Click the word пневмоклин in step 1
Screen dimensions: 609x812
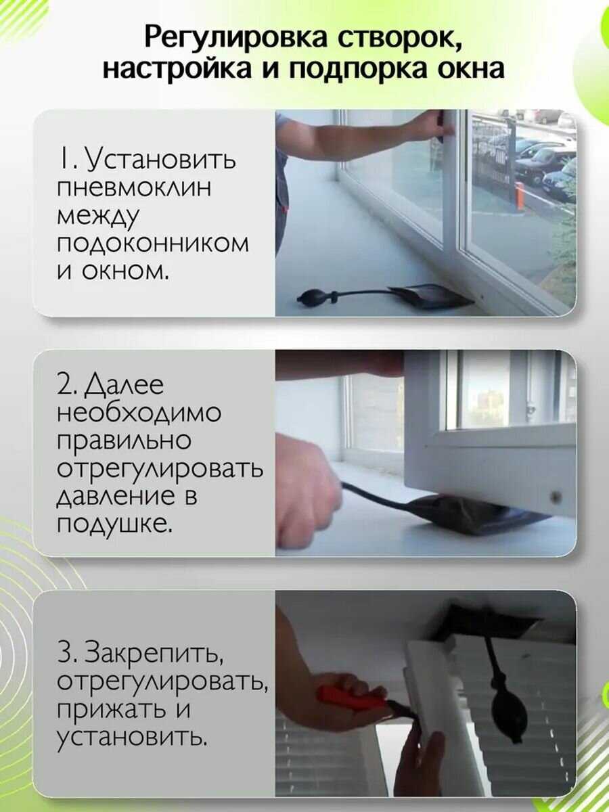134,188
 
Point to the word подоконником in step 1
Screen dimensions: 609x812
153,244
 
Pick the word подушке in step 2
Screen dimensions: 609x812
114,524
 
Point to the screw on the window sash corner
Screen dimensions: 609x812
554,497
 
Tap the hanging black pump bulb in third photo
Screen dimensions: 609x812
508,707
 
